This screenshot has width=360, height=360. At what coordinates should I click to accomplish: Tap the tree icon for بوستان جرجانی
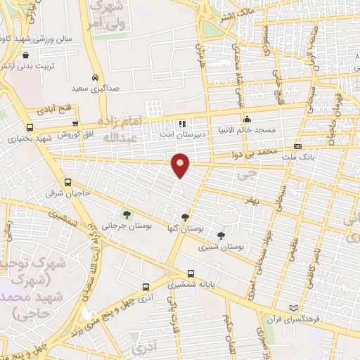[x=127, y=214]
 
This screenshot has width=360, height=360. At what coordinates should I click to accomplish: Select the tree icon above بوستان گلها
[x=185, y=218]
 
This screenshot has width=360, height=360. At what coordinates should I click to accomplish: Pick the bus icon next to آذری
[x=146, y=287]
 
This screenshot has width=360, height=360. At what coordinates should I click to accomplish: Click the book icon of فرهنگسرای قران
[x=293, y=309]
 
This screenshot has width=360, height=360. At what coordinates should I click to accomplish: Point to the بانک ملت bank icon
[x=297, y=146]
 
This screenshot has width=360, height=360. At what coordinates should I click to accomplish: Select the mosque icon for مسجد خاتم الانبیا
[x=246, y=119]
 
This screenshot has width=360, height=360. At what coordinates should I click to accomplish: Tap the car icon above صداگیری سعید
[x=95, y=78]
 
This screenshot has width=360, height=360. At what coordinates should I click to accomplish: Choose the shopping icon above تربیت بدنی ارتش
[x=25, y=55]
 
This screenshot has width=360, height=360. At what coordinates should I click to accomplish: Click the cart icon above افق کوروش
[x=75, y=124]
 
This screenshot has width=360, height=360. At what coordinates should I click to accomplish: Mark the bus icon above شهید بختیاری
[x=29, y=127]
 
